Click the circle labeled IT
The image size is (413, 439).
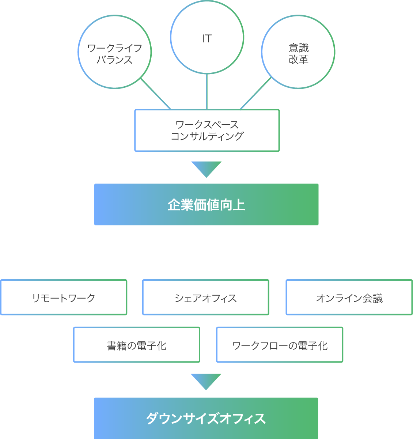[x=207, y=37]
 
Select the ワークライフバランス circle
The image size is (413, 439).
[x=115, y=52]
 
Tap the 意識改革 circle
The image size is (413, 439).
[x=298, y=52]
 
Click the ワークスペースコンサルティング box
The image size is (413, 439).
[x=207, y=130]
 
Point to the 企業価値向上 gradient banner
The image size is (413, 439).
[x=206, y=205]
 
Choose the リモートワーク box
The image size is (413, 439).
[x=64, y=298]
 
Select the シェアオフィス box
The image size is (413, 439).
[x=205, y=298]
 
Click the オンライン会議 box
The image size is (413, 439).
[x=349, y=298]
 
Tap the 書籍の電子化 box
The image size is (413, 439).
[x=137, y=345]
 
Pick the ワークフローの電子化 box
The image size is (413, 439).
[x=280, y=345]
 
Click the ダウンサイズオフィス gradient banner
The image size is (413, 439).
[x=206, y=418]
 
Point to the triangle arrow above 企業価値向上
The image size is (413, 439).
[x=206, y=168]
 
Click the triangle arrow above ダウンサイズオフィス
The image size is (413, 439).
[x=206, y=381]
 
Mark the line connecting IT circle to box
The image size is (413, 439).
[x=207, y=91]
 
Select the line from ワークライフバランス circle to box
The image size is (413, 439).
[x=156, y=94]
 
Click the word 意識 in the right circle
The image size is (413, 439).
[x=299, y=48]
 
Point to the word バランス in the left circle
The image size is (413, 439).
[x=115, y=60]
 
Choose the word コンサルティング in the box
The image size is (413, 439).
[x=207, y=136]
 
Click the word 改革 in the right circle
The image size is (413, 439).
[x=299, y=59]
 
